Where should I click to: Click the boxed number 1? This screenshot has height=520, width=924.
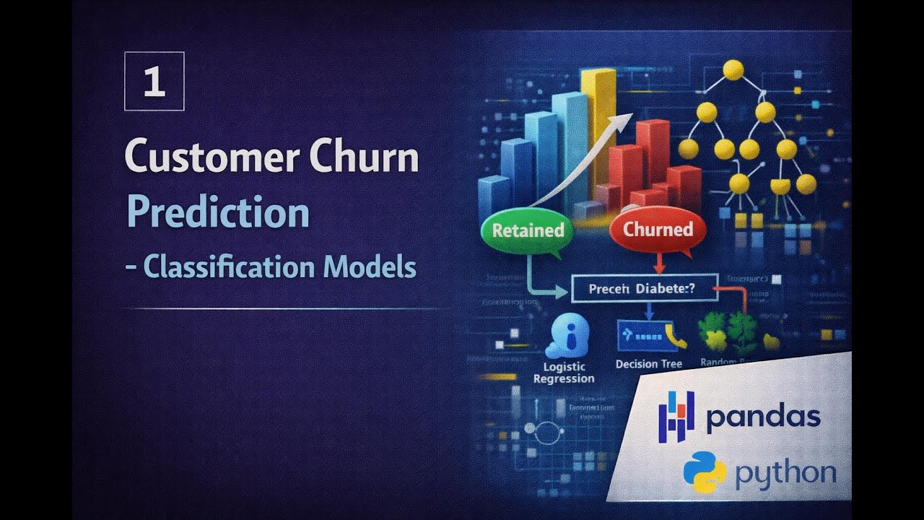tap(154, 81)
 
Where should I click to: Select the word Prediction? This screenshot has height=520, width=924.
tap(217, 212)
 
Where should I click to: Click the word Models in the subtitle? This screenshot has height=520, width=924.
tap(370, 267)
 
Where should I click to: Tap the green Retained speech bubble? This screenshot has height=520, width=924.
tap(527, 231)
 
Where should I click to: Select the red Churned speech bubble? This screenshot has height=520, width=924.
tap(658, 231)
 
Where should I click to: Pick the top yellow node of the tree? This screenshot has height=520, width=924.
tap(733, 70)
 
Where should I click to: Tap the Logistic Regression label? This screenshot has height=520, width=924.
tap(564, 373)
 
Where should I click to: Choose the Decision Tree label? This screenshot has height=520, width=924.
tap(648, 364)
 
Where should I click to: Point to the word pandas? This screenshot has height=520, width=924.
tap(763, 417)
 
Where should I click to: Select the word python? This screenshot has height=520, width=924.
tap(785, 473)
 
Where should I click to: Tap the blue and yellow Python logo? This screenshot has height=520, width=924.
tap(705, 472)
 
